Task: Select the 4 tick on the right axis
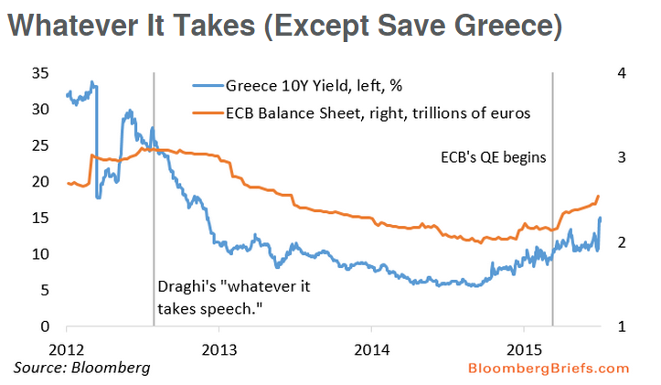coord(621,73)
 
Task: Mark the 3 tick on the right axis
coord(621,158)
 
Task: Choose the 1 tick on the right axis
coord(621,326)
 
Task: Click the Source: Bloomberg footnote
coord(81,368)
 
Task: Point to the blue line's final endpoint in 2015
coord(600,218)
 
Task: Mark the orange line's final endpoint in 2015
coord(598,196)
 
